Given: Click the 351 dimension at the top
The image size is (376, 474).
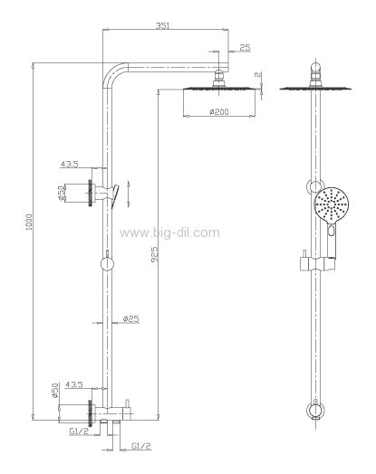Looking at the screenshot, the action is coord(162,25).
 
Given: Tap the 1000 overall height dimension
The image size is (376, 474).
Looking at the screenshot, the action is coord(29,222).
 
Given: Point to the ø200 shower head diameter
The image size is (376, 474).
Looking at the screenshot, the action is coord(219,111).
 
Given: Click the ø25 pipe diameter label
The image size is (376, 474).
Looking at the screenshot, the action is coord(131,318).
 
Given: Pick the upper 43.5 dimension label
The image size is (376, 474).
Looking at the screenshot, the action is coord(70,164).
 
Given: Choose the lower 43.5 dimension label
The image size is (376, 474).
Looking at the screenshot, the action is coord(74,384).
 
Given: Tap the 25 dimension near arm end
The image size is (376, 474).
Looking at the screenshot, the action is coord(245,47).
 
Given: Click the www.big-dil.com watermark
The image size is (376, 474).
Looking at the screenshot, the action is coord(169,232).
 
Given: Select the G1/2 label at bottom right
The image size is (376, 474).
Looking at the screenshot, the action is coord(141,446).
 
